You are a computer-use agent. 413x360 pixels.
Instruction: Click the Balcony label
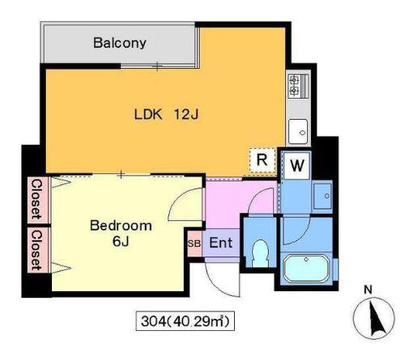(x=120, y=43)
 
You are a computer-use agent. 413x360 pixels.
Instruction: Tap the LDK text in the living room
(x=148, y=114)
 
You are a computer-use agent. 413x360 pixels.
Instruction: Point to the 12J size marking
(x=186, y=114)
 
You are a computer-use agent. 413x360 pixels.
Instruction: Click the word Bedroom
(x=121, y=226)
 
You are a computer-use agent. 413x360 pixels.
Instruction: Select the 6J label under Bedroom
(x=121, y=242)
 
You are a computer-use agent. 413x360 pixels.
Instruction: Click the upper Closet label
(x=36, y=199)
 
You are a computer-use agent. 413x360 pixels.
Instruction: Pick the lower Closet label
(x=36, y=250)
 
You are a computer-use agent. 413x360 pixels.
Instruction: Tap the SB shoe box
(x=194, y=244)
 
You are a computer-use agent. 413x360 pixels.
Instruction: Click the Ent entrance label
(x=221, y=243)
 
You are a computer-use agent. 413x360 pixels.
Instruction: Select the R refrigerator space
(x=262, y=160)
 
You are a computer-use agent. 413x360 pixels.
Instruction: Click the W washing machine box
(x=297, y=165)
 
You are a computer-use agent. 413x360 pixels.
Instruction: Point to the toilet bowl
(x=260, y=253)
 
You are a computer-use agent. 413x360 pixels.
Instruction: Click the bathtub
(x=307, y=269)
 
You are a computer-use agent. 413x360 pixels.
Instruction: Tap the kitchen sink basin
(x=298, y=131)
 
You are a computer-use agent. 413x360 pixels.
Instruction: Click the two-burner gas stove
(x=298, y=86)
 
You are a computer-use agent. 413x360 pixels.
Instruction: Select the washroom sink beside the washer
(x=322, y=197)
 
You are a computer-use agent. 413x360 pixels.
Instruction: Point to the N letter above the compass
(x=368, y=290)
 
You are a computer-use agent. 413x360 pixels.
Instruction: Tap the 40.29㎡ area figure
(x=198, y=321)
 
